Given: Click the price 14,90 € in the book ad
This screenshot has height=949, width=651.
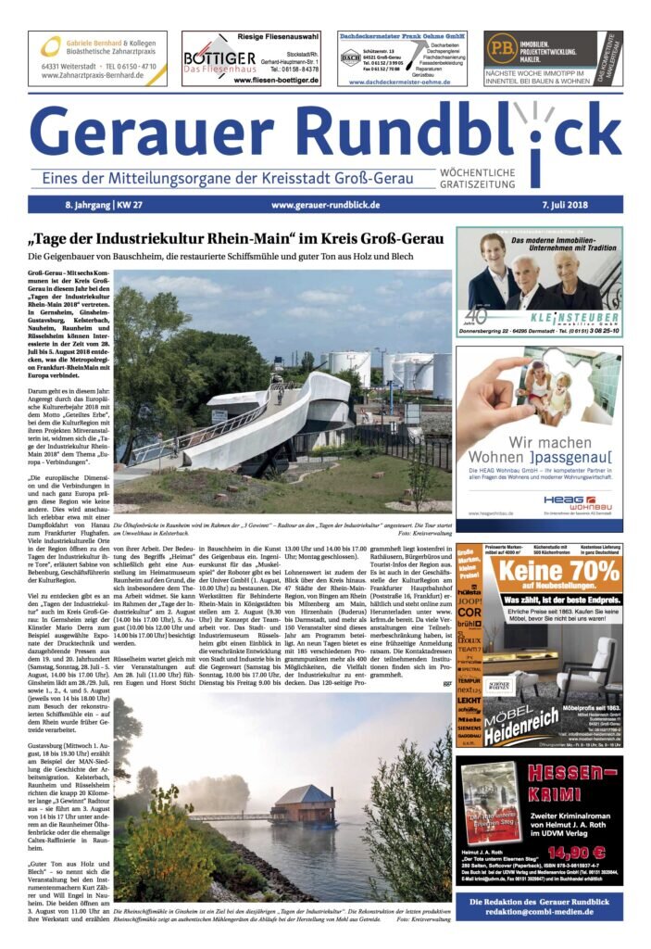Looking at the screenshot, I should (576, 853).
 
